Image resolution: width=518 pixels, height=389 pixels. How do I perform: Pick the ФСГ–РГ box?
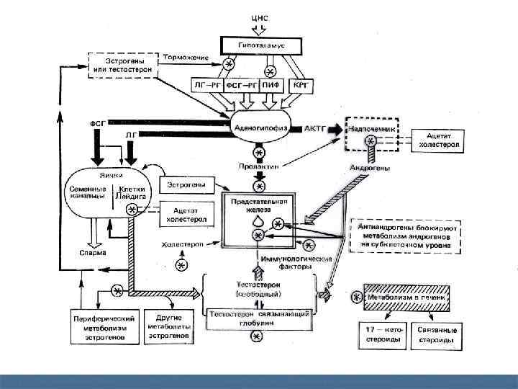tap(240, 84)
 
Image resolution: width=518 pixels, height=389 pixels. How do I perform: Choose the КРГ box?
tap(301, 84)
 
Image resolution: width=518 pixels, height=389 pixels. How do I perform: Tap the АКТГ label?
tap(314, 128)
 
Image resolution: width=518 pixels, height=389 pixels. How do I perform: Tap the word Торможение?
tap(185, 58)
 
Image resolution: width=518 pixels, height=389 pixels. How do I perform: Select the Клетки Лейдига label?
tap(132, 193)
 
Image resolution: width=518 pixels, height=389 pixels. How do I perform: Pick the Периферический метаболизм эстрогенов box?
tap(104, 326)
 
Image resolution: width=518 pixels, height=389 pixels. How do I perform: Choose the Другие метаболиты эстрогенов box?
tap(168, 326)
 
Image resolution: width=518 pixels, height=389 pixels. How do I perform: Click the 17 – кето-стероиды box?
tap(382, 334)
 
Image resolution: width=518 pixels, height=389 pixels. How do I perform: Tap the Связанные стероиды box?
tap(437, 334)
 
